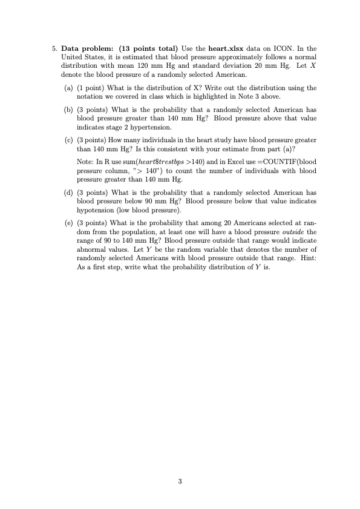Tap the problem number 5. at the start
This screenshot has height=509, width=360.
[54, 47]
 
